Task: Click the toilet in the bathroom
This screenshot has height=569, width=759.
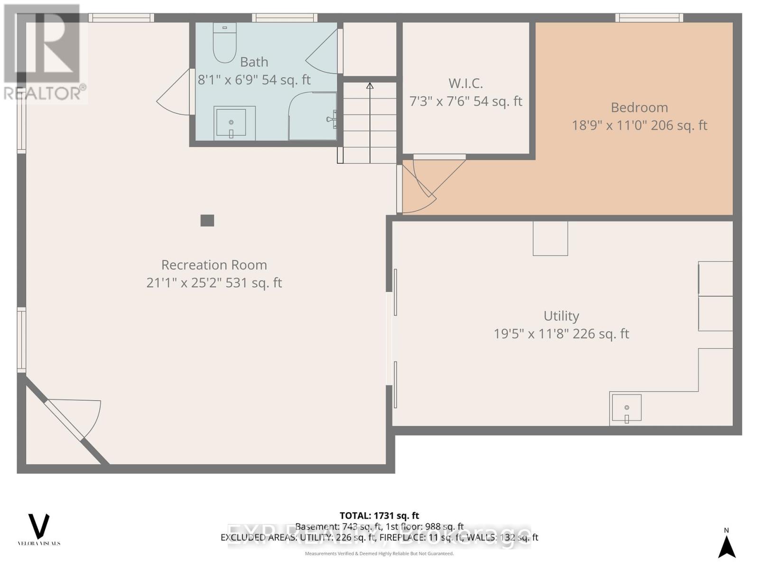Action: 224,44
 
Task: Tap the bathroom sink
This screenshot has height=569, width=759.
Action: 231,123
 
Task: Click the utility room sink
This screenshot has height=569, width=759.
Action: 626,408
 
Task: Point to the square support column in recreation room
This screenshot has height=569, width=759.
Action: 207,220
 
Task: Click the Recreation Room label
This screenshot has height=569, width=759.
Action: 214,265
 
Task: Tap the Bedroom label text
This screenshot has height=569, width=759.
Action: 639,108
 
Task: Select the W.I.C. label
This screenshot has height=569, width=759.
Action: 465,83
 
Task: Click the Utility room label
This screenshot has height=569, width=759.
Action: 561,316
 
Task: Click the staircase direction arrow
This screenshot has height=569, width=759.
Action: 370,86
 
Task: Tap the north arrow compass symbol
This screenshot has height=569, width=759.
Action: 726,546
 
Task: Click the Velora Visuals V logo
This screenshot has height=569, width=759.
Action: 39,525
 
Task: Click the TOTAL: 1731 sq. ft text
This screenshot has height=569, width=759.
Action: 379,515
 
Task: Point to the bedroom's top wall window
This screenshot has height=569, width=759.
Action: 649,18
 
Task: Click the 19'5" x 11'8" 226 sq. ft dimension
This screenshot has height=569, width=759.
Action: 561,334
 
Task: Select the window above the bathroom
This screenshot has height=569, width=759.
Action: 285,18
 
